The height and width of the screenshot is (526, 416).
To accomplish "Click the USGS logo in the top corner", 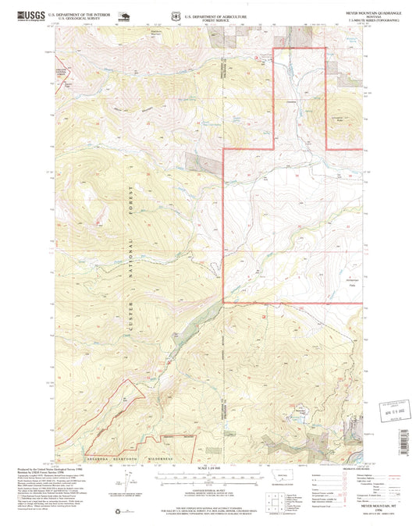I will (x=25, y=14).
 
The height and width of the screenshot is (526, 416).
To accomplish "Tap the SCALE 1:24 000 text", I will (x=208, y=467).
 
